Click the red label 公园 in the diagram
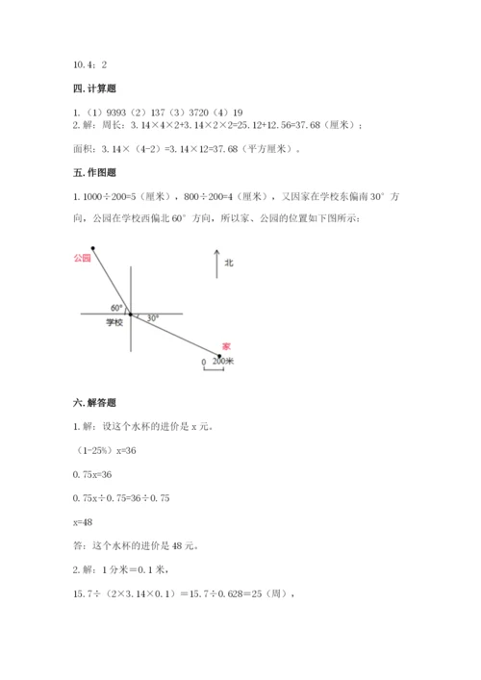tap(81, 258)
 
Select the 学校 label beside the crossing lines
tap(114, 323)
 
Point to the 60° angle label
tap(115, 308)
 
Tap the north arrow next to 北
tap(216, 264)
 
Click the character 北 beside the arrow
tap(229, 262)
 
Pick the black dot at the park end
tap(93, 249)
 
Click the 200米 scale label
tap(223, 361)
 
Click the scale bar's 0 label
tap(203, 362)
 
